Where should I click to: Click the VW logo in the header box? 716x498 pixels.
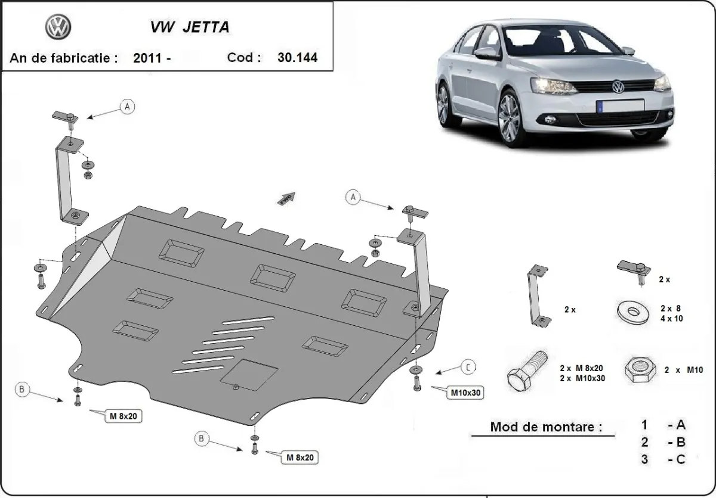[x=58, y=27]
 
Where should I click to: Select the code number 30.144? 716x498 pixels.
[x=297, y=58]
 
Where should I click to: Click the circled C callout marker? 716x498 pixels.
[x=469, y=368]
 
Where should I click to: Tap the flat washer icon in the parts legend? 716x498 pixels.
[x=631, y=312]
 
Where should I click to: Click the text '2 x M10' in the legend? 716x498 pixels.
[x=684, y=370]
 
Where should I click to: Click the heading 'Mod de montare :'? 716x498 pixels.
[x=546, y=427]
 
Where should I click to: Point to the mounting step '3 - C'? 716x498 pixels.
[x=663, y=459]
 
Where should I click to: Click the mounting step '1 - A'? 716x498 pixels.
[x=663, y=425]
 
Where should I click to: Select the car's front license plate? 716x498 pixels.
[x=621, y=105]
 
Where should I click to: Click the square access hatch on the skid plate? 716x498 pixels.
[x=249, y=374]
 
